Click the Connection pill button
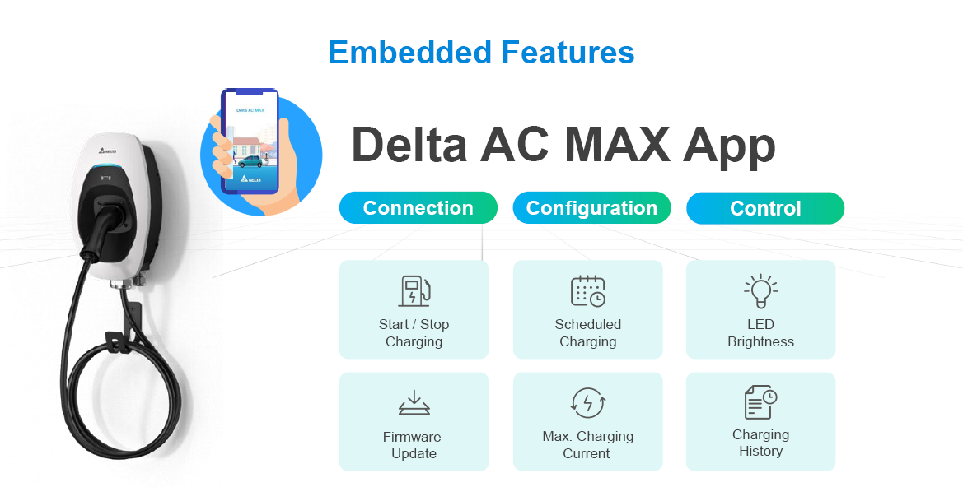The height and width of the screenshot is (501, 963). click(418, 208)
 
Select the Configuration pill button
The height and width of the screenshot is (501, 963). click(591, 208)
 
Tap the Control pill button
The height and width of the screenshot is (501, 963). click(765, 208)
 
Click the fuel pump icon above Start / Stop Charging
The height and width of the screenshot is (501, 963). click(414, 290)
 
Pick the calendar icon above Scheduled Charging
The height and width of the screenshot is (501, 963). click(587, 290)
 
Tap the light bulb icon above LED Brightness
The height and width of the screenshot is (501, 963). click(760, 290)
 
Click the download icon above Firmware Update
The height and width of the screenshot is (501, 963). click(414, 403)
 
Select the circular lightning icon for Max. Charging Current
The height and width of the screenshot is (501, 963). click(587, 403)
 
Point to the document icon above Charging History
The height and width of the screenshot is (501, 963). click(760, 402)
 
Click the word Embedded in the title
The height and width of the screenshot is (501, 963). click(410, 52)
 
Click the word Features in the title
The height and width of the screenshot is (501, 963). click(568, 52)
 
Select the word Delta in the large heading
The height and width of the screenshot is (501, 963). click(409, 145)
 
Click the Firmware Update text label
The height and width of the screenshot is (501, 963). click(413, 445)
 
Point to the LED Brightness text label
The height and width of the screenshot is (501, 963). click(760, 333)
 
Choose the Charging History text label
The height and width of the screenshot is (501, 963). click(760, 443)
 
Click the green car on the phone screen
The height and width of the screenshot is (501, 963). click(250, 161)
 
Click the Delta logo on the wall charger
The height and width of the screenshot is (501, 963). click(106, 150)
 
